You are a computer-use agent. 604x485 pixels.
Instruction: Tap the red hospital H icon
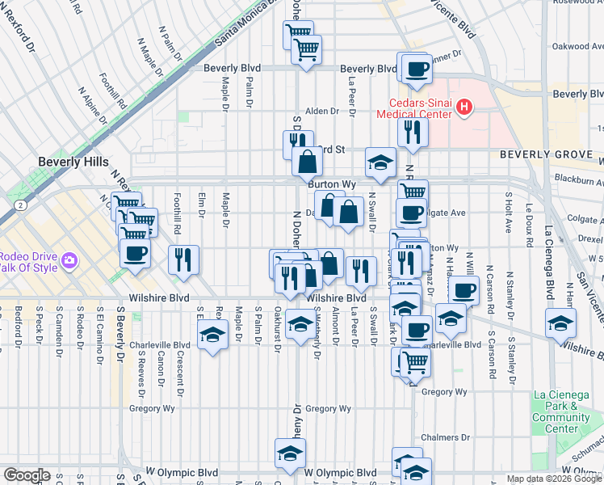(x=464, y=106)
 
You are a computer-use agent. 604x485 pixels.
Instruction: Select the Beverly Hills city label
(x=73, y=162)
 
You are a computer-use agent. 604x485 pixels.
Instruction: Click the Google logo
(x=27, y=475)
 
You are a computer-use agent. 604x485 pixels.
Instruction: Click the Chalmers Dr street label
(x=439, y=437)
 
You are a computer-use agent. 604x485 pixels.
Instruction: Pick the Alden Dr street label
(x=321, y=112)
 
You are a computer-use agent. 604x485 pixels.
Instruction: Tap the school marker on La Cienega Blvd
(x=560, y=322)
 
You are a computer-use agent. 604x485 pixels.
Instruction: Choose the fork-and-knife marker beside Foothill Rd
(x=183, y=259)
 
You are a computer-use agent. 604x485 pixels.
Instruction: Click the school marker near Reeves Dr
(x=212, y=335)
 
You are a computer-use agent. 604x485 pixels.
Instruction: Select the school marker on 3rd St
(x=380, y=162)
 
